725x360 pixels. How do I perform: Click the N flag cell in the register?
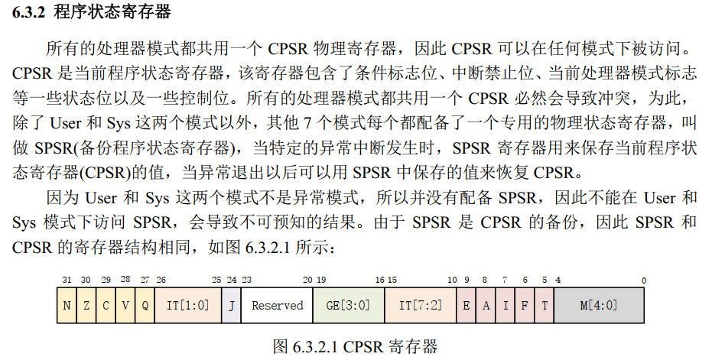point(67,306)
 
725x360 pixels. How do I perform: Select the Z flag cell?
point(86,306)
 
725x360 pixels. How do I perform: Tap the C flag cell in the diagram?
point(106,306)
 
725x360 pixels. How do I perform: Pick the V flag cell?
point(125,306)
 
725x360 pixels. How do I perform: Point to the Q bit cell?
point(145,306)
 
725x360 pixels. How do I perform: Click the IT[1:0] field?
point(187,306)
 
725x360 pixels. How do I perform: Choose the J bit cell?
point(231,306)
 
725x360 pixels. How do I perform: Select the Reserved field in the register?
point(277,306)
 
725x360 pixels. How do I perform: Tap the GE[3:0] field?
point(347,306)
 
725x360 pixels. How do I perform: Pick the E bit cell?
point(466,306)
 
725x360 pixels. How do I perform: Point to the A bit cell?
point(485,306)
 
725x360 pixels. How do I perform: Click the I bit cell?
point(505,306)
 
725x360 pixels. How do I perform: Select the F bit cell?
point(525,306)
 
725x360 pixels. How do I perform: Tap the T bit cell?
point(544,306)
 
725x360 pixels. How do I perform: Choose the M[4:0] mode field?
point(598,306)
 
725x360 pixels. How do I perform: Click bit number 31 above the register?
point(66,281)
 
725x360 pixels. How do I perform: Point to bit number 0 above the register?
point(643,281)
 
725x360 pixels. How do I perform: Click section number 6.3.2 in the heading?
point(29,12)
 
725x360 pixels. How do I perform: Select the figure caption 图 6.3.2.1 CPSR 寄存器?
point(356,346)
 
